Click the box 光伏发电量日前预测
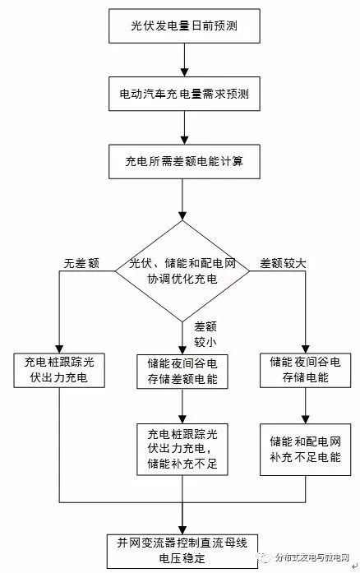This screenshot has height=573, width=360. pos(183,27)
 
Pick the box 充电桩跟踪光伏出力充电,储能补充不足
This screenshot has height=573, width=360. pos(183,448)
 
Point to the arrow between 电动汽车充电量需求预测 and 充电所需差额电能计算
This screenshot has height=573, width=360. pos(183,127)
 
